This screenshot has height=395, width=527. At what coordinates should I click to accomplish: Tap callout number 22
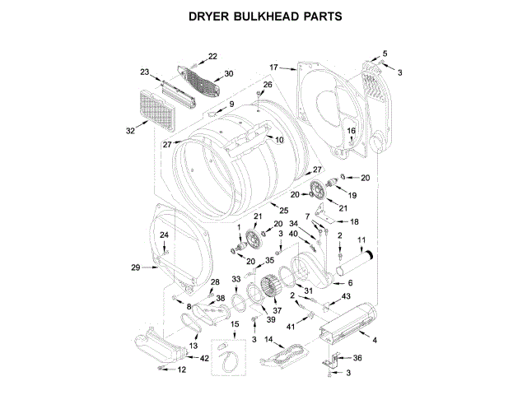pos(212,56)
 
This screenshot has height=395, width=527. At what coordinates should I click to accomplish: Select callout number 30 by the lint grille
pos(228,73)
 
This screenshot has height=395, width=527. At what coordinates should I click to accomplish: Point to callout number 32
pos(131,130)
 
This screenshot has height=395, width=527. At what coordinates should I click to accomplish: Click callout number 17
pos(275,67)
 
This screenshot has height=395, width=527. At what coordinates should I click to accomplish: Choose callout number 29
pos(136,266)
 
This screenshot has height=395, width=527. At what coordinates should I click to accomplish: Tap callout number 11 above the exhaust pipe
pos(360,239)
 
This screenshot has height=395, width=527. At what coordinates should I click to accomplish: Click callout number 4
pos(375,340)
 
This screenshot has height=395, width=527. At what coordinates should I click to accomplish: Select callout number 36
pos(357,357)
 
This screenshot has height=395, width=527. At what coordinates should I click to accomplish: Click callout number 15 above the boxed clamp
pos(235,325)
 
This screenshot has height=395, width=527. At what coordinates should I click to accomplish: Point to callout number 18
pos(354,222)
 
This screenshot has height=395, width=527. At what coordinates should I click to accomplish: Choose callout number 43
pos(346,296)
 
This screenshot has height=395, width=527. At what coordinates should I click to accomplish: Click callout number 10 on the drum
pos(279,140)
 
